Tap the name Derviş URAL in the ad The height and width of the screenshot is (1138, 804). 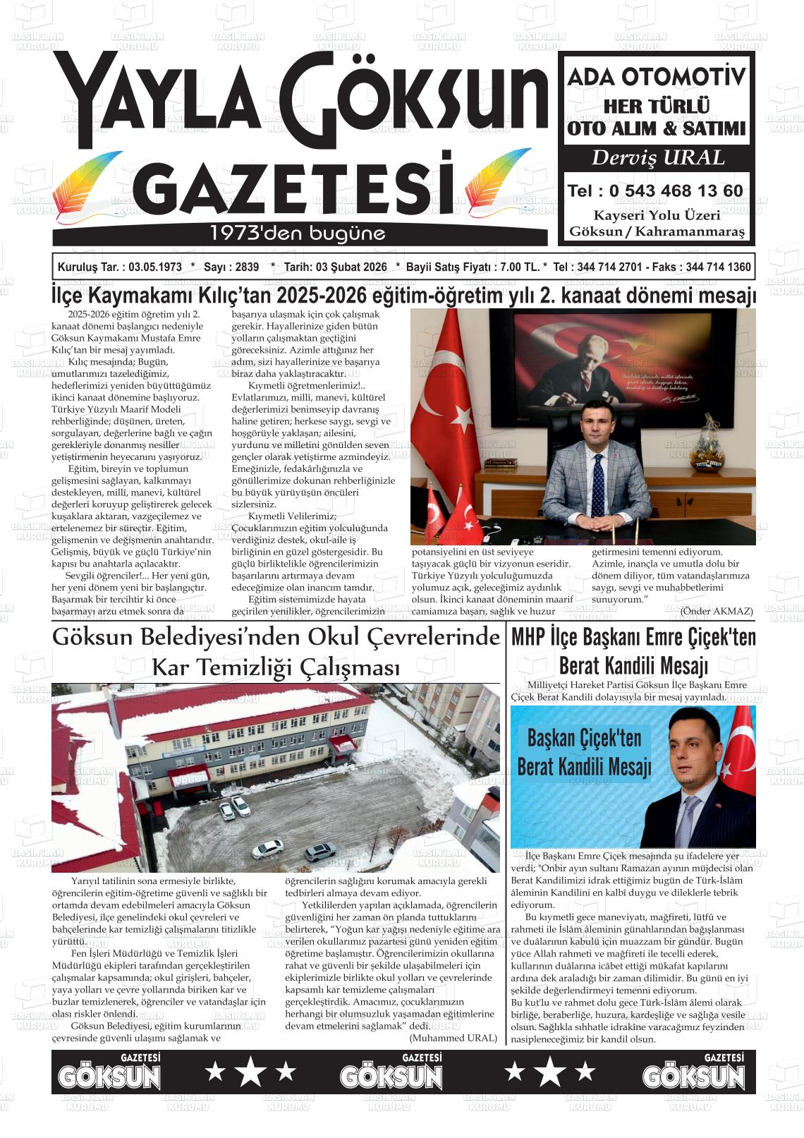click(x=657, y=158)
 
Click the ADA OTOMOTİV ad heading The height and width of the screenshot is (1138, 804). click(x=657, y=76)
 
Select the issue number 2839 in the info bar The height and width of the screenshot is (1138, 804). click(x=247, y=267)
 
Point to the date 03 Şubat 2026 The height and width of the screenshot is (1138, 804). click(x=351, y=267)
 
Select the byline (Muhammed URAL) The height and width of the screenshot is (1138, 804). click(x=453, y=1038)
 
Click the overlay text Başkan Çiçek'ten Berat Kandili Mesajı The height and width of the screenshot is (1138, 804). click(x=584, y=752)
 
